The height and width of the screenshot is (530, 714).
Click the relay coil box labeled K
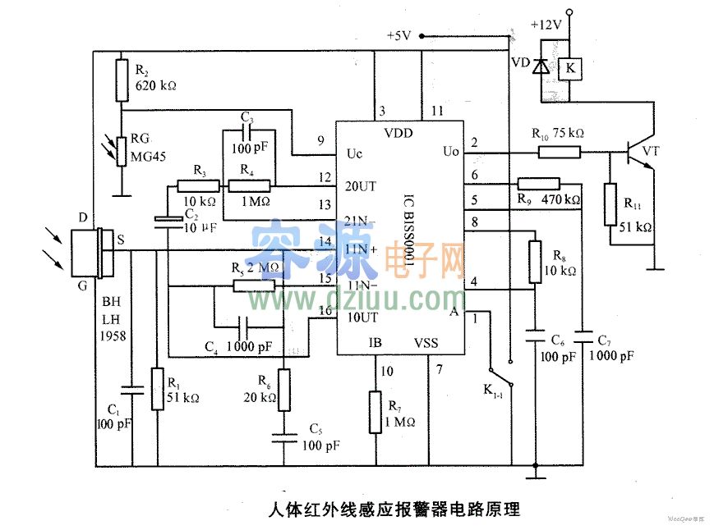pyautogui.click(x=569, y=69)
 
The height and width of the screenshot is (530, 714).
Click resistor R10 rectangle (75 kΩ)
pyautogui.click(x=560, y=152)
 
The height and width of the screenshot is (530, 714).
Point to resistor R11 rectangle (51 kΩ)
pyautogui.click(x=610, y=204)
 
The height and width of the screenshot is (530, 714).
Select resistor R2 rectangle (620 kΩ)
pyautogui.click(x=121, y=72)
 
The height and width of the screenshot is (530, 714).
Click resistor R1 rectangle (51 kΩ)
pyautogui.click(x=158, y=388)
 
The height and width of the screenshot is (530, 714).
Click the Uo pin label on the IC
pyautogui.click(x=450, y=152)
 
